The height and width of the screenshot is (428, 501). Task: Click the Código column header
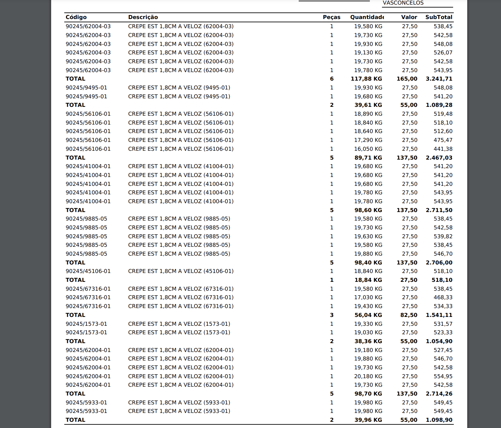click(x=76, y=17)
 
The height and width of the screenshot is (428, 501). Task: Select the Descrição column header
click(x=143, y=17)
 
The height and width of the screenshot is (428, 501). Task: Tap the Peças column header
click(x=331, y=17)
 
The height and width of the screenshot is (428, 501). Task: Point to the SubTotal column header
click(x=439, y=17)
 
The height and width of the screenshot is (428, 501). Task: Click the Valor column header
click(x=409, y=17)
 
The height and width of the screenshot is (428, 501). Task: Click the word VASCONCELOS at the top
click(x=403, y=3)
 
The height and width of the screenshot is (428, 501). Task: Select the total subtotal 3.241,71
click(x=439, y=79)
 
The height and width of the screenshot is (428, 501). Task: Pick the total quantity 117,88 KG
click(x=366, y=79)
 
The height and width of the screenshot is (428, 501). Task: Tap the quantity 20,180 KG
click(x=368, y=376)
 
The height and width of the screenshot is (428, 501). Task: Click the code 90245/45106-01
click(x=88, y=271)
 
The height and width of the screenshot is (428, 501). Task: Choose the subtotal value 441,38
click(x=443, y=149)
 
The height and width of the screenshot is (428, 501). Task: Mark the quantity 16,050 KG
click(x=368, y=149)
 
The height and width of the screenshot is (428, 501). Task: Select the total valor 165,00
click(x=407, y=79)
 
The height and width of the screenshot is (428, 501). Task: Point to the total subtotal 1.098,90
click(x=439, y=420)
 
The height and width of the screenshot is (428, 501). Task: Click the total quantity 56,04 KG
click(x=368, y=315)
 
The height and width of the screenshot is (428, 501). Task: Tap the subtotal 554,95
click(x=443, y=376)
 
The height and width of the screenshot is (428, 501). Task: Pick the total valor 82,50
click(x=409, y=315)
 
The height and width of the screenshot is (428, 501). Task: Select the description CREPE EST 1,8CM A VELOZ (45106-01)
click(x=181, y=271)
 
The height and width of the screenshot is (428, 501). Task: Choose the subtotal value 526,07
click(x=443, y=53)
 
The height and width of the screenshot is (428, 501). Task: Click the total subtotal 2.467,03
click(x=439, y=158)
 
